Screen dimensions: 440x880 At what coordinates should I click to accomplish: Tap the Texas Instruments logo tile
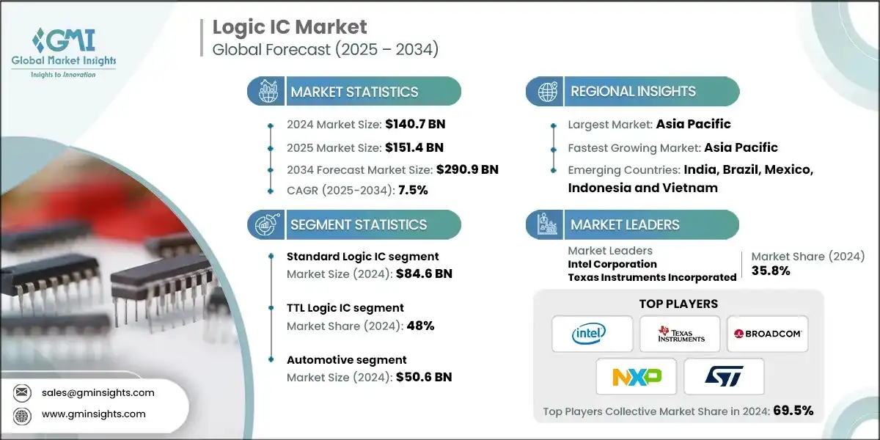coord(680,334)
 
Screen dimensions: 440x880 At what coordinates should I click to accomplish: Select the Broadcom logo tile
coord(767,334)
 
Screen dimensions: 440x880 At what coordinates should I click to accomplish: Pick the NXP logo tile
coord(637,377)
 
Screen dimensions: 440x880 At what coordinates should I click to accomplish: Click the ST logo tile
coord(724,377)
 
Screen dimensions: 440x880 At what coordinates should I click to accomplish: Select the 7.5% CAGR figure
coord(412,190)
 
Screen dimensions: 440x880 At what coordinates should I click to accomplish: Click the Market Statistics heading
coord(354,92)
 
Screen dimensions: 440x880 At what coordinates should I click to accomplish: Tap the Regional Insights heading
coord(633,92)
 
